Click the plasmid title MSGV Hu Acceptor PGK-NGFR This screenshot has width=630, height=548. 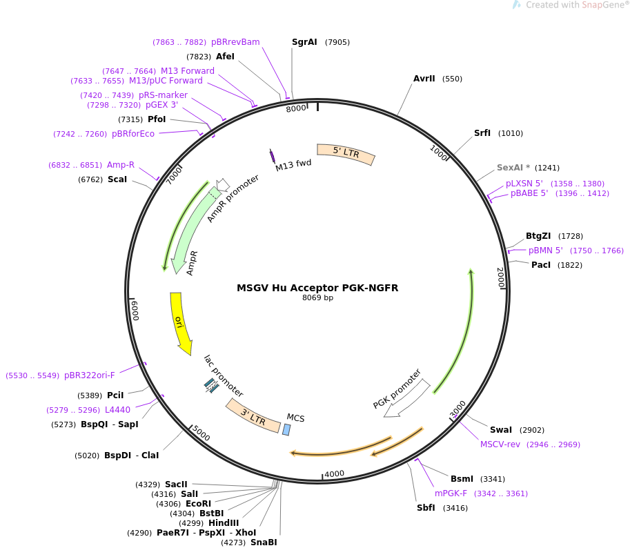317,288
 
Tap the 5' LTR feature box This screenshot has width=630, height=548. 346,153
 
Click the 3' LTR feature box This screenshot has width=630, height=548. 253,415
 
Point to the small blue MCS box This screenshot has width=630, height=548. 286,429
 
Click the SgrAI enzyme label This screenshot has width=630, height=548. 304,42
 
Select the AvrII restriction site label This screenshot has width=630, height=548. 424,79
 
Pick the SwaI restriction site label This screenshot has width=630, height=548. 501,429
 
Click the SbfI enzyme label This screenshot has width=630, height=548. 426,508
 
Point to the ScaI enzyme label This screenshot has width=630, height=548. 117,179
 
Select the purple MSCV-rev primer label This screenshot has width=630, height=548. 500,444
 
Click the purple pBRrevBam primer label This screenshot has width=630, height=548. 235,42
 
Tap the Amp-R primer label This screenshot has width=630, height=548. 121,165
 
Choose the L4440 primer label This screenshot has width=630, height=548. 117,409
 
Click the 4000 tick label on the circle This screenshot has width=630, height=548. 334,473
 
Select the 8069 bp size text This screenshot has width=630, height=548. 317,298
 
